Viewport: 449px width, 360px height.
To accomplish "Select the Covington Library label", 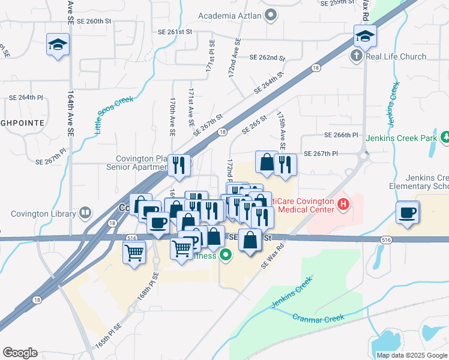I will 43,212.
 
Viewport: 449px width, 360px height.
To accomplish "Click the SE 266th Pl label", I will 340,136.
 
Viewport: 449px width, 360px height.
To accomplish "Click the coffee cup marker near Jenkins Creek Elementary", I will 408,212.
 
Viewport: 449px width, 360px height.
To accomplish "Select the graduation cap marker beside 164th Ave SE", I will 58,44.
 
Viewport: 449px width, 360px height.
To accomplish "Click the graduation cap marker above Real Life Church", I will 365,36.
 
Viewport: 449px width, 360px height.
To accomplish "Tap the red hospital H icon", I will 343,205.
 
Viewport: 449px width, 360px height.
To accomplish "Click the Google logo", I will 20,353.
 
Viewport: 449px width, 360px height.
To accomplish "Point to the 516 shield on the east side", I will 384,239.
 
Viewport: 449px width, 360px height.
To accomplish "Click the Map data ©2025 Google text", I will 412,355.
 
